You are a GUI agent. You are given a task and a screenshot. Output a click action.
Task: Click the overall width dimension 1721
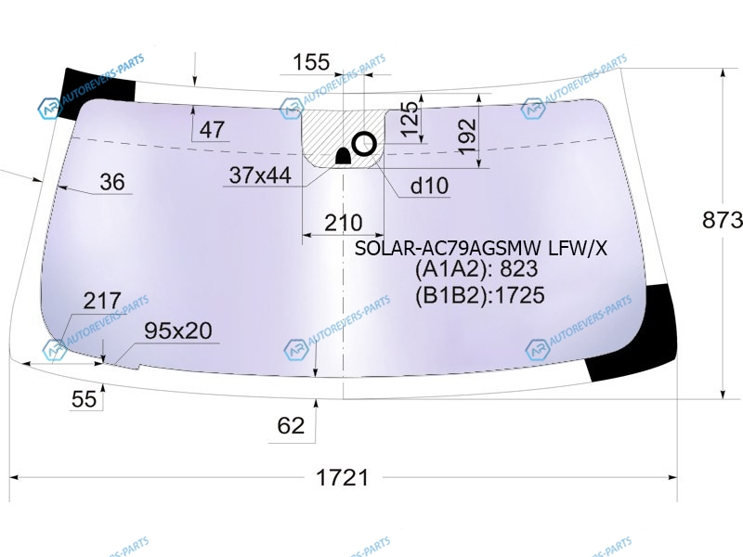click(x=342, y=477)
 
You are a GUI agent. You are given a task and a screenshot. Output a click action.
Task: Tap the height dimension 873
click(x=723, y=220)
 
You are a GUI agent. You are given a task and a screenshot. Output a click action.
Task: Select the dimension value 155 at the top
click(x=311, y=62)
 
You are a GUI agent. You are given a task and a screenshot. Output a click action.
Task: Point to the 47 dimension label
click(x=212, y=130)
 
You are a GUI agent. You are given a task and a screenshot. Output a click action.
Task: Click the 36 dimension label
click(x=112, y=182)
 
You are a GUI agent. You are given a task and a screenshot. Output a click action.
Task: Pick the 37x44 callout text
click(x=260, y=175)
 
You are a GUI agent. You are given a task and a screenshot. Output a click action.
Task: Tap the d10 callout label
click(x=429, y=186)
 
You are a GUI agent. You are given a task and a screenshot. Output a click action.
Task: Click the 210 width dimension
click(x=344, y=223)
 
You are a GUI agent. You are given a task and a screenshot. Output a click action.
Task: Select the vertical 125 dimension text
click(x=411, y=119)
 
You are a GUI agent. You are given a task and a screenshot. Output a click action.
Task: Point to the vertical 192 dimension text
click(x=467, y=136)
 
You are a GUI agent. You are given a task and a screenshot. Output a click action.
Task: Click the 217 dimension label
click(x=102, y=301)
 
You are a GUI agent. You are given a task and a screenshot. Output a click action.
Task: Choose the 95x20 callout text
click(x=178, y=330)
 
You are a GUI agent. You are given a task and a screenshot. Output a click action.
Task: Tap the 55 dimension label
click(x=84, y=399)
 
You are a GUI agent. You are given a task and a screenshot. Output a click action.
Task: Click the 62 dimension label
click(x=291, y=426)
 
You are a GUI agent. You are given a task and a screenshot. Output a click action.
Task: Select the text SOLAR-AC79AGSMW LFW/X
click(x=481, y=248)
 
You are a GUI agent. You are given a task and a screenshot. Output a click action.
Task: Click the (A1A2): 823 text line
click(x=476, y=269)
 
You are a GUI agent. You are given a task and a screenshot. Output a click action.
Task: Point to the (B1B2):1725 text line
click(x=480, y=295)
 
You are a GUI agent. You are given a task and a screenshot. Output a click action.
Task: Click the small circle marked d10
click(x=364, y=144)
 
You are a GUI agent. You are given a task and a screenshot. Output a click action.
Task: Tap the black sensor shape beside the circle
click(x=343, y=156)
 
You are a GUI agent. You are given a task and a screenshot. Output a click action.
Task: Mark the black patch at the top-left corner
click(x=98, y=92)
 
